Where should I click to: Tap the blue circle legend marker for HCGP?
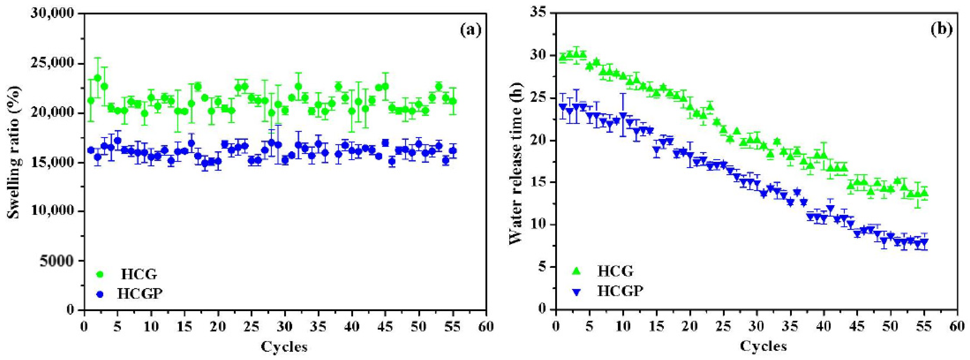[x=100, y=294]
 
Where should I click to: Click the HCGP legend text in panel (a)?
[x=140, y=294]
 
